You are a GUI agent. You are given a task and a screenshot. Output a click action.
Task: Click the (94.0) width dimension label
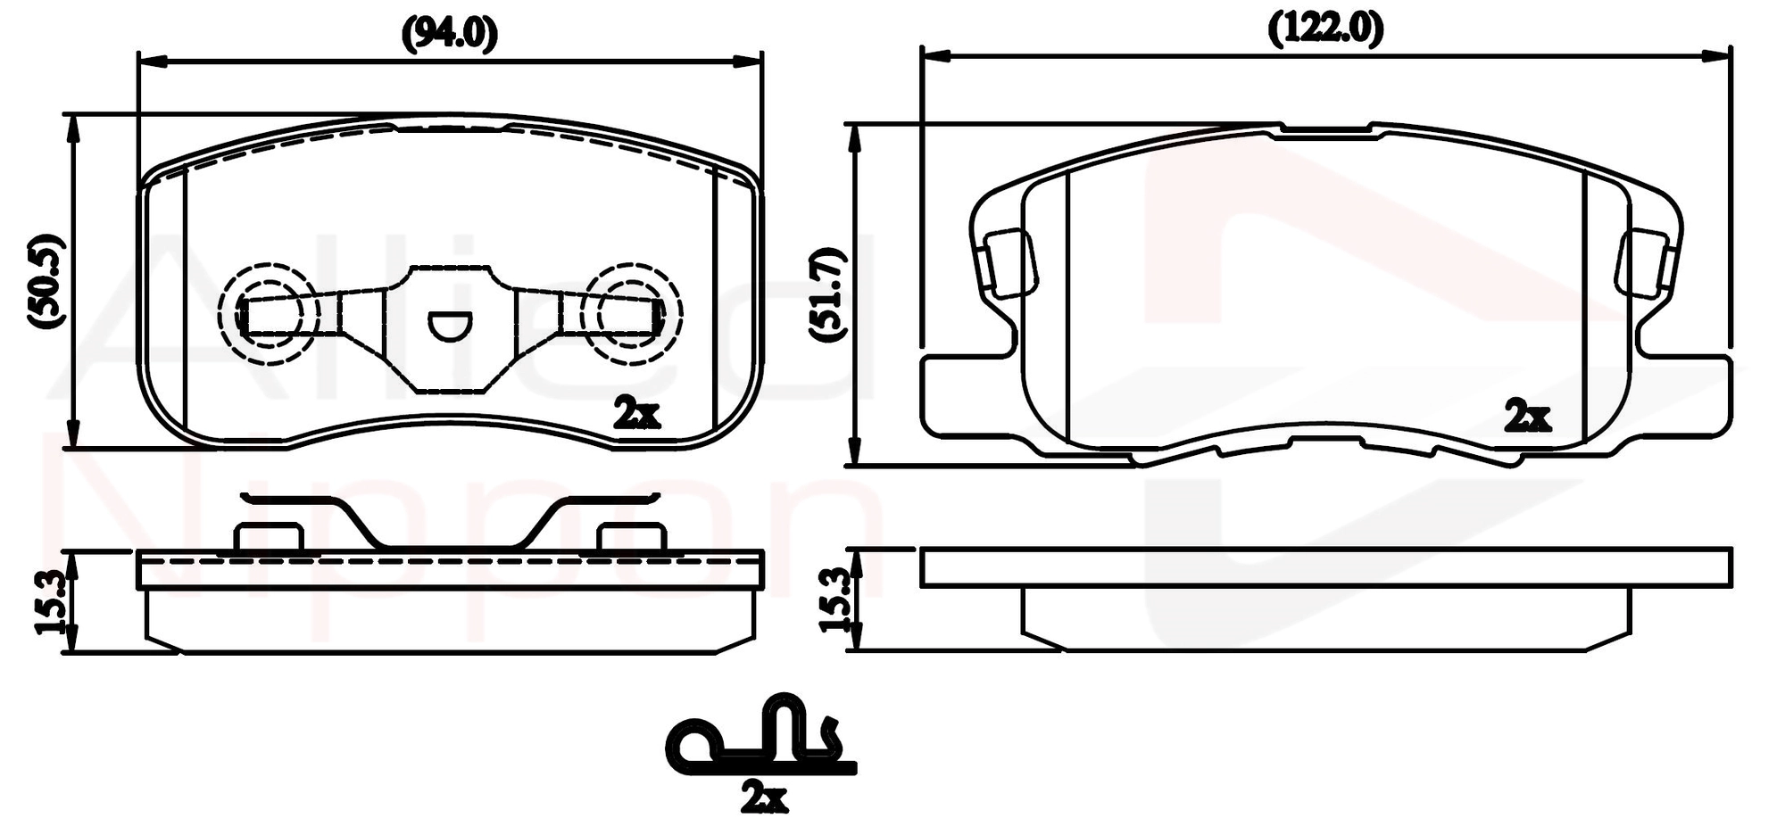pyautogui.click(x=449, y=33)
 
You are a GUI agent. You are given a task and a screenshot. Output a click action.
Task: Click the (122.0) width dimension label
pyautogui.click(x=1326, y=29)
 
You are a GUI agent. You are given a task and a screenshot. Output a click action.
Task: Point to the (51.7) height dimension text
pyautogui.click(x=827, y=293)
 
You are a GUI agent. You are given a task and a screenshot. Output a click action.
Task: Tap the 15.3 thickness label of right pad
pyautogui.click(x=834, y=600)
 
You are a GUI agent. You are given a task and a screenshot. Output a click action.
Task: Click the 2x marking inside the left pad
pyautogui.click(x=637, y=413)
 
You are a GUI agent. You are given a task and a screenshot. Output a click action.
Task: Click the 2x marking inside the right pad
pyautogui.click(x=1527, y=416)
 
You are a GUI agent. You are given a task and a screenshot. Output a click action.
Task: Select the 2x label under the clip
pyautogui.click(x=764, y=798)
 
